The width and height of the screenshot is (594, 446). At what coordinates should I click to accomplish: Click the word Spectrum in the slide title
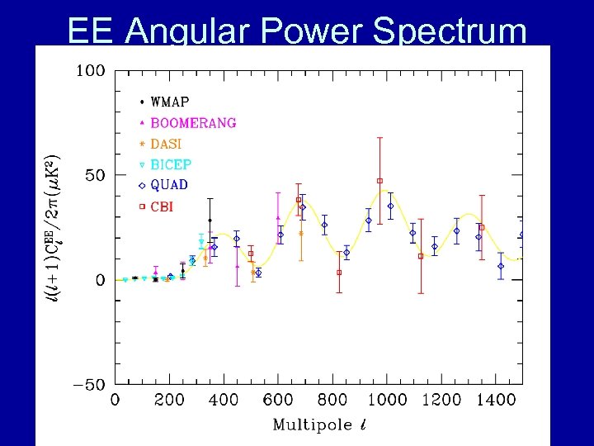point(450,31)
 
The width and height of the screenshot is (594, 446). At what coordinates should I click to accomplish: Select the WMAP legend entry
point(170,102)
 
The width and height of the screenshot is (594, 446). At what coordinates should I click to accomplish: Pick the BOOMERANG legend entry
point(192,123)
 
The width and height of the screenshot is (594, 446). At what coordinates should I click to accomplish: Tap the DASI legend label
point(166,144)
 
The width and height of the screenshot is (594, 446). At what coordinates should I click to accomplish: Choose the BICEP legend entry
point(170,164)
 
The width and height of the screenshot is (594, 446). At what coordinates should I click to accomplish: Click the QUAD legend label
point(168,185)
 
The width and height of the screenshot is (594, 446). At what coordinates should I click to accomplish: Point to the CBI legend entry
point(161,206)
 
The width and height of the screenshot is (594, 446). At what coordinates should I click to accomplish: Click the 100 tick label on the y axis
point(91,71)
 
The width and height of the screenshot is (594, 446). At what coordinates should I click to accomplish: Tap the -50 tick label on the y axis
point(88,385)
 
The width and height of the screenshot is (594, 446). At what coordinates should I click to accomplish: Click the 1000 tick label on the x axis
point(387,401)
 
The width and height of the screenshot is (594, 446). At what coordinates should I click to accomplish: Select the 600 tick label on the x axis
point(278,401)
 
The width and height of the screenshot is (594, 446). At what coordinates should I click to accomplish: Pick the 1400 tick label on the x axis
point(496,401)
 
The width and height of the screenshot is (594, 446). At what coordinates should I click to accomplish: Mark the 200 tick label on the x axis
point(169,401)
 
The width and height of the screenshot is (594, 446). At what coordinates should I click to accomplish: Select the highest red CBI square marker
point(379,181)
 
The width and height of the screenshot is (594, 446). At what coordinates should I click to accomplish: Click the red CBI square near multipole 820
point(339,273)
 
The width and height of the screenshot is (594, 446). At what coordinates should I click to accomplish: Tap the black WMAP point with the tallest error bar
point(210,221)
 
